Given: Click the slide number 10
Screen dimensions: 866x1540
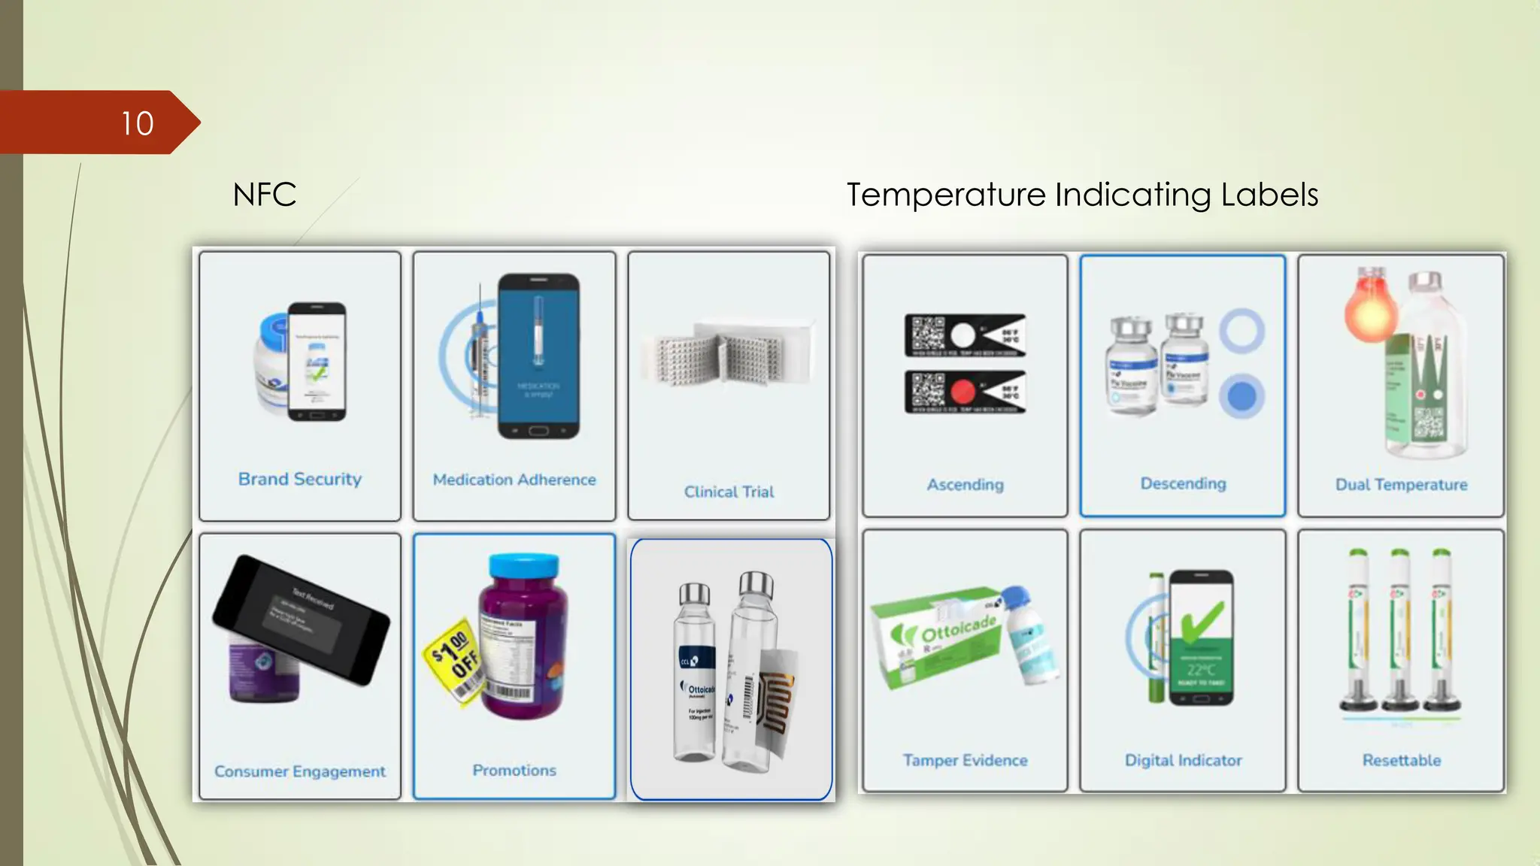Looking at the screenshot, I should (x=137, y=123).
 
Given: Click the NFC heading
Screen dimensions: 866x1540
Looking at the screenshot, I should (x=264, y=195).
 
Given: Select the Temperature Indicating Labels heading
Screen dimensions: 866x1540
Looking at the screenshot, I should (x=1082, y=195).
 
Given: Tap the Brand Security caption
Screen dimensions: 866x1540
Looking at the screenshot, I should (x=300, y=479).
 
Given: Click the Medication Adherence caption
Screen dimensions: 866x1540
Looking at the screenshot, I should (x=514, y=480).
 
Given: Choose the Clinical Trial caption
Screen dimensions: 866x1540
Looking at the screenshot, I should (x=729, y=492).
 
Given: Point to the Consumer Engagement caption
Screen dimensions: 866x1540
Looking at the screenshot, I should (x=300, y=771).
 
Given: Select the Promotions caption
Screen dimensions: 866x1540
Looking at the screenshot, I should (x=514, y=771).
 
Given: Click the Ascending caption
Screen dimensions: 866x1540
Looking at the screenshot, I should (x=965, y=485).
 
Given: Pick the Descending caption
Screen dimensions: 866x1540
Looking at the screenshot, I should (x=1183, y=483).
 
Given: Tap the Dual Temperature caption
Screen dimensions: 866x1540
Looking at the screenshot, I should (x=1401, y=485).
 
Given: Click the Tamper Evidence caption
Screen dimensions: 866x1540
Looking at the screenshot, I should (x=965, y=760).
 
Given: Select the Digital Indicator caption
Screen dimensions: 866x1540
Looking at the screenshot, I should (x=1183, y=760).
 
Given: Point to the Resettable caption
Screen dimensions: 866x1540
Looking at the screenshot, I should (x=1401, y=760).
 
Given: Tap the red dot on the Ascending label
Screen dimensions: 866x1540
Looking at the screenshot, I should (x=962, y=392).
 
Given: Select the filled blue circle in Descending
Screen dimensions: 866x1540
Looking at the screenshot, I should (x=1241, y=395).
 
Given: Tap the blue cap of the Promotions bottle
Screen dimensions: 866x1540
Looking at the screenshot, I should (x=523, y=565).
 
